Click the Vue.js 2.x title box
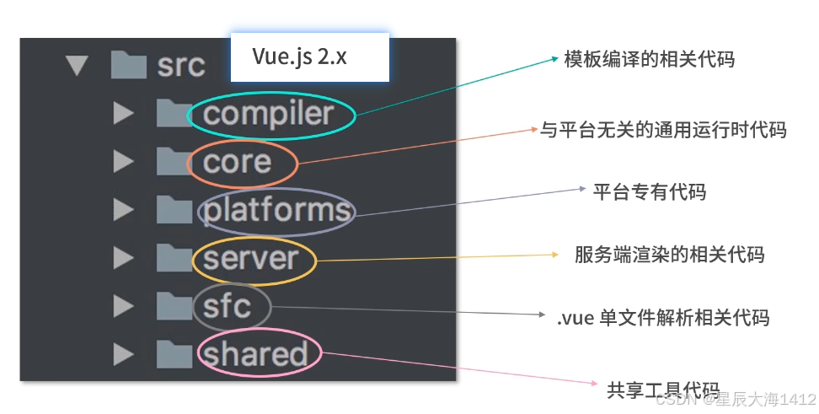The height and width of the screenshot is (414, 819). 310,57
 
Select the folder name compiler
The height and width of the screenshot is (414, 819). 269,115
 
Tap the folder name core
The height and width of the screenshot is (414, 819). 237,163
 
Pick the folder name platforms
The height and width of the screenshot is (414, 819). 277,211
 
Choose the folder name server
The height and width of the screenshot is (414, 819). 251,259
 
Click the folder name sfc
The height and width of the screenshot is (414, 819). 227,306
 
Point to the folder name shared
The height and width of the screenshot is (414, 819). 255,353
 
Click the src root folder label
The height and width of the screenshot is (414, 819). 181,66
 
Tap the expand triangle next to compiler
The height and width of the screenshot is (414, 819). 123,114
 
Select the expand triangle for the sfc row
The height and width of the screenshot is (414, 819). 123,306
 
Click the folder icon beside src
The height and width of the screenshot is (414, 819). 128,65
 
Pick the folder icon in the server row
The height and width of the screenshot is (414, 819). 174,258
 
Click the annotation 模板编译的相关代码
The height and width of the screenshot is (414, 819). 650,59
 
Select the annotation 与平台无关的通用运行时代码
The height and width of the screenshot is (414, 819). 663,130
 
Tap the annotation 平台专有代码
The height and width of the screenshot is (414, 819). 650,192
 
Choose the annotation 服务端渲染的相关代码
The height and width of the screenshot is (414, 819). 669,255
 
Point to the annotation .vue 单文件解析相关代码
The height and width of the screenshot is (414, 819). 663,317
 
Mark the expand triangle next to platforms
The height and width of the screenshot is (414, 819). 123,210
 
